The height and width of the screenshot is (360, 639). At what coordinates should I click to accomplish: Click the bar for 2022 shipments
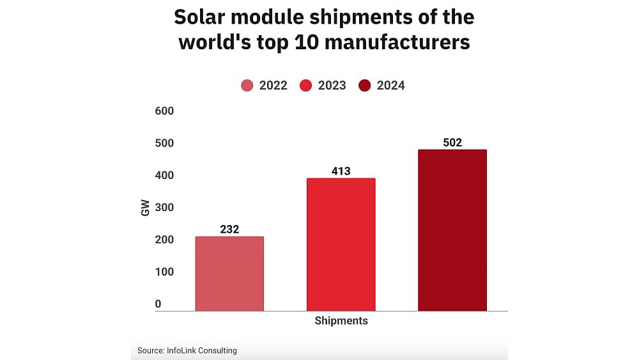click(x=229, y=274)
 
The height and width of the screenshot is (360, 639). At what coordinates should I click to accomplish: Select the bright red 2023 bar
click(x=341, y=244)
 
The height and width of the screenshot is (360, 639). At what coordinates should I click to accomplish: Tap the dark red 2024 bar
click(x=452, y=230)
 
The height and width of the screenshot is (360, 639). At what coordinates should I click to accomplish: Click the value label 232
click(x=229, y=229)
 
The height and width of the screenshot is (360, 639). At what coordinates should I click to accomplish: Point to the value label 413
click(x=341, y=171)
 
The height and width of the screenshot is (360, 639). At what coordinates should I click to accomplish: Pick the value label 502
click(x=452, y=142)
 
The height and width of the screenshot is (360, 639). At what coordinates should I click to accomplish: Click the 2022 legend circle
click(x=247, y=86)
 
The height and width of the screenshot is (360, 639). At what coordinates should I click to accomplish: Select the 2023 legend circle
click(x=305, y=86)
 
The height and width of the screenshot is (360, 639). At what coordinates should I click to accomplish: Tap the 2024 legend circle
click(x=365, y=86)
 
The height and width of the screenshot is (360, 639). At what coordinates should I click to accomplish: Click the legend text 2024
click(x=390, y=86)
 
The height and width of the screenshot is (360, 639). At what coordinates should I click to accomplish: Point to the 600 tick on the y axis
click(x=164, y=111)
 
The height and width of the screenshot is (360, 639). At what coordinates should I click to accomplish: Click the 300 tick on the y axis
click(x=164, y=207)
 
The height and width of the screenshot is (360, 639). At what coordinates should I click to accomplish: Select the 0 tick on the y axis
click(x=158, y=304)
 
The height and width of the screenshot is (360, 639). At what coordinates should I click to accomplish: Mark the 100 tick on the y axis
click(x=164, y=272)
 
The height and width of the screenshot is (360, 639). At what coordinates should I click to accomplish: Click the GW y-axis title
click(x=145, y=208)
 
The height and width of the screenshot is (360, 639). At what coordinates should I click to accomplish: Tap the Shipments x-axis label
click(x=341, y=321)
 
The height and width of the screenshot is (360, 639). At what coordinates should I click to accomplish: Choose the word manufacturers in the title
click(x=396, y=42)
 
